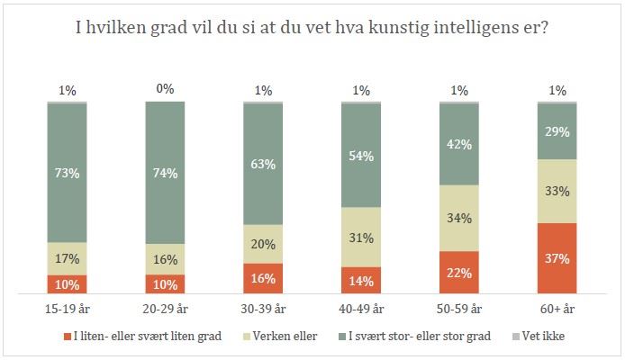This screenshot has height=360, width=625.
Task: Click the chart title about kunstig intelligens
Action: [312, 28]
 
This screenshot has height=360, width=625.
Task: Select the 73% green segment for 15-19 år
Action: [68, 173]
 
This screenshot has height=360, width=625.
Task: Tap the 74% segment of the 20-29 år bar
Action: [165, 173]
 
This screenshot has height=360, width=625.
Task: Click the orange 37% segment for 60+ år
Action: [557, 258]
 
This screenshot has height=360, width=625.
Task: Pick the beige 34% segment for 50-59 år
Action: [459, 218]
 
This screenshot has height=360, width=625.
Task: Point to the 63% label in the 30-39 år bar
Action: [263, 163]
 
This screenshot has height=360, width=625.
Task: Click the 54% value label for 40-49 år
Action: [361, 154]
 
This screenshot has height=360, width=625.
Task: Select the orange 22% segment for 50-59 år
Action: [459, 272]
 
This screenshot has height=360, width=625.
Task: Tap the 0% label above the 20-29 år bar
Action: [165, 89]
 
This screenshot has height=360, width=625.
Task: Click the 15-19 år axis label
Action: [68, 309]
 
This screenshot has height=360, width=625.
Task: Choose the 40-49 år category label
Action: [361, 309]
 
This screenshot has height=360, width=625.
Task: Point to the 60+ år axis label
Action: [557, 309]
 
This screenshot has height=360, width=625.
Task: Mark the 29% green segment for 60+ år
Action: [557, 131]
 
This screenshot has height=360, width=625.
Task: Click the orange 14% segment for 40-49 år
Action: [361, 279]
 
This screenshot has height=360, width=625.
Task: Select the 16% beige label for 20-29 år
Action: [165, 259]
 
